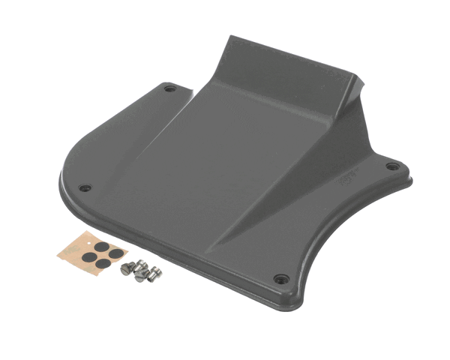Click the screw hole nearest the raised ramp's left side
170,88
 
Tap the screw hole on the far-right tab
391,166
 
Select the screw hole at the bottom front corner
281,278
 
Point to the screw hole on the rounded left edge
85,187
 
